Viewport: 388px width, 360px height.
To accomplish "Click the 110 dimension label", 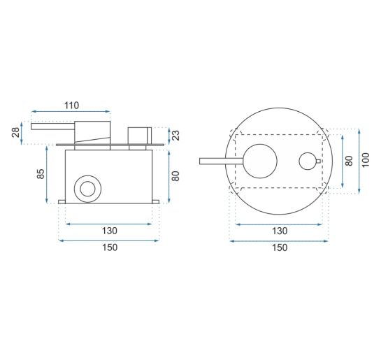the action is point(72,106).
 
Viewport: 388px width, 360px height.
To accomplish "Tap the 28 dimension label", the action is point(15,132).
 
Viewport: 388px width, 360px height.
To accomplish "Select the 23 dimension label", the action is point(175,136).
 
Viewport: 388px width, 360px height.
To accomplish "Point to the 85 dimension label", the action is point(41,173).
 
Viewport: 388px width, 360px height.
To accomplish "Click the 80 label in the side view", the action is point(175,176).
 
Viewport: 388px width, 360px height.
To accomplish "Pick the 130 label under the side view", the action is point(109,231).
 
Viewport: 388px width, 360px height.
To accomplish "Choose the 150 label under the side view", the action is point(110,247).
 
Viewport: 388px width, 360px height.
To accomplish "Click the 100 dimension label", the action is point(366,160).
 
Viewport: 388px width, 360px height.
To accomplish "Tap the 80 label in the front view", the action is point(349,161).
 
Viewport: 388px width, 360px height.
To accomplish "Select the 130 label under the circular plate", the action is point(280,231).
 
